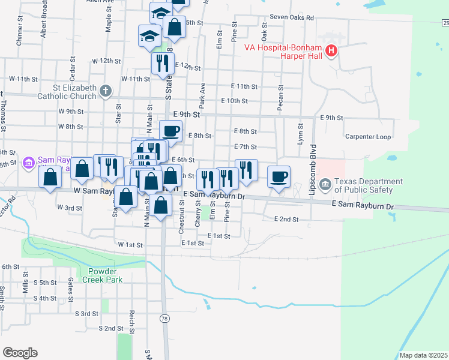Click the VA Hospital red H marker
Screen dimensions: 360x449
(x=331, y=52)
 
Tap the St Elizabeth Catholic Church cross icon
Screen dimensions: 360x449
(x=106, y=91)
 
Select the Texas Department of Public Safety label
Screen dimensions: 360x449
(x=369, y=186)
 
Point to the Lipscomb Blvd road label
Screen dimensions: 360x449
(x=312, y=161)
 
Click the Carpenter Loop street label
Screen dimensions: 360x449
(x=368, y=137)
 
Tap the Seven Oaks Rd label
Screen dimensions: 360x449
(x=292, y=18)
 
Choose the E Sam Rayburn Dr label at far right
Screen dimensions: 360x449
(x=363, y=206)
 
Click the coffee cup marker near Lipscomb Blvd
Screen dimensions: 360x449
(x=279, y=177)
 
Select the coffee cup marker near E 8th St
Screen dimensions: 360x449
(x=170, y=131)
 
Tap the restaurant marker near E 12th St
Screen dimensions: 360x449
(x=161, y=64)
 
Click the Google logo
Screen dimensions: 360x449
(x=20, y=353)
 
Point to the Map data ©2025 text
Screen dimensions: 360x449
(x=424, y=355)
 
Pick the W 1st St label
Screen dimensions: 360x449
(x=130, y=245)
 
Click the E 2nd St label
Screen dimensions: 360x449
(x=286, y=220)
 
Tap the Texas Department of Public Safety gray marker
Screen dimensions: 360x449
(x=325, y=183)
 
